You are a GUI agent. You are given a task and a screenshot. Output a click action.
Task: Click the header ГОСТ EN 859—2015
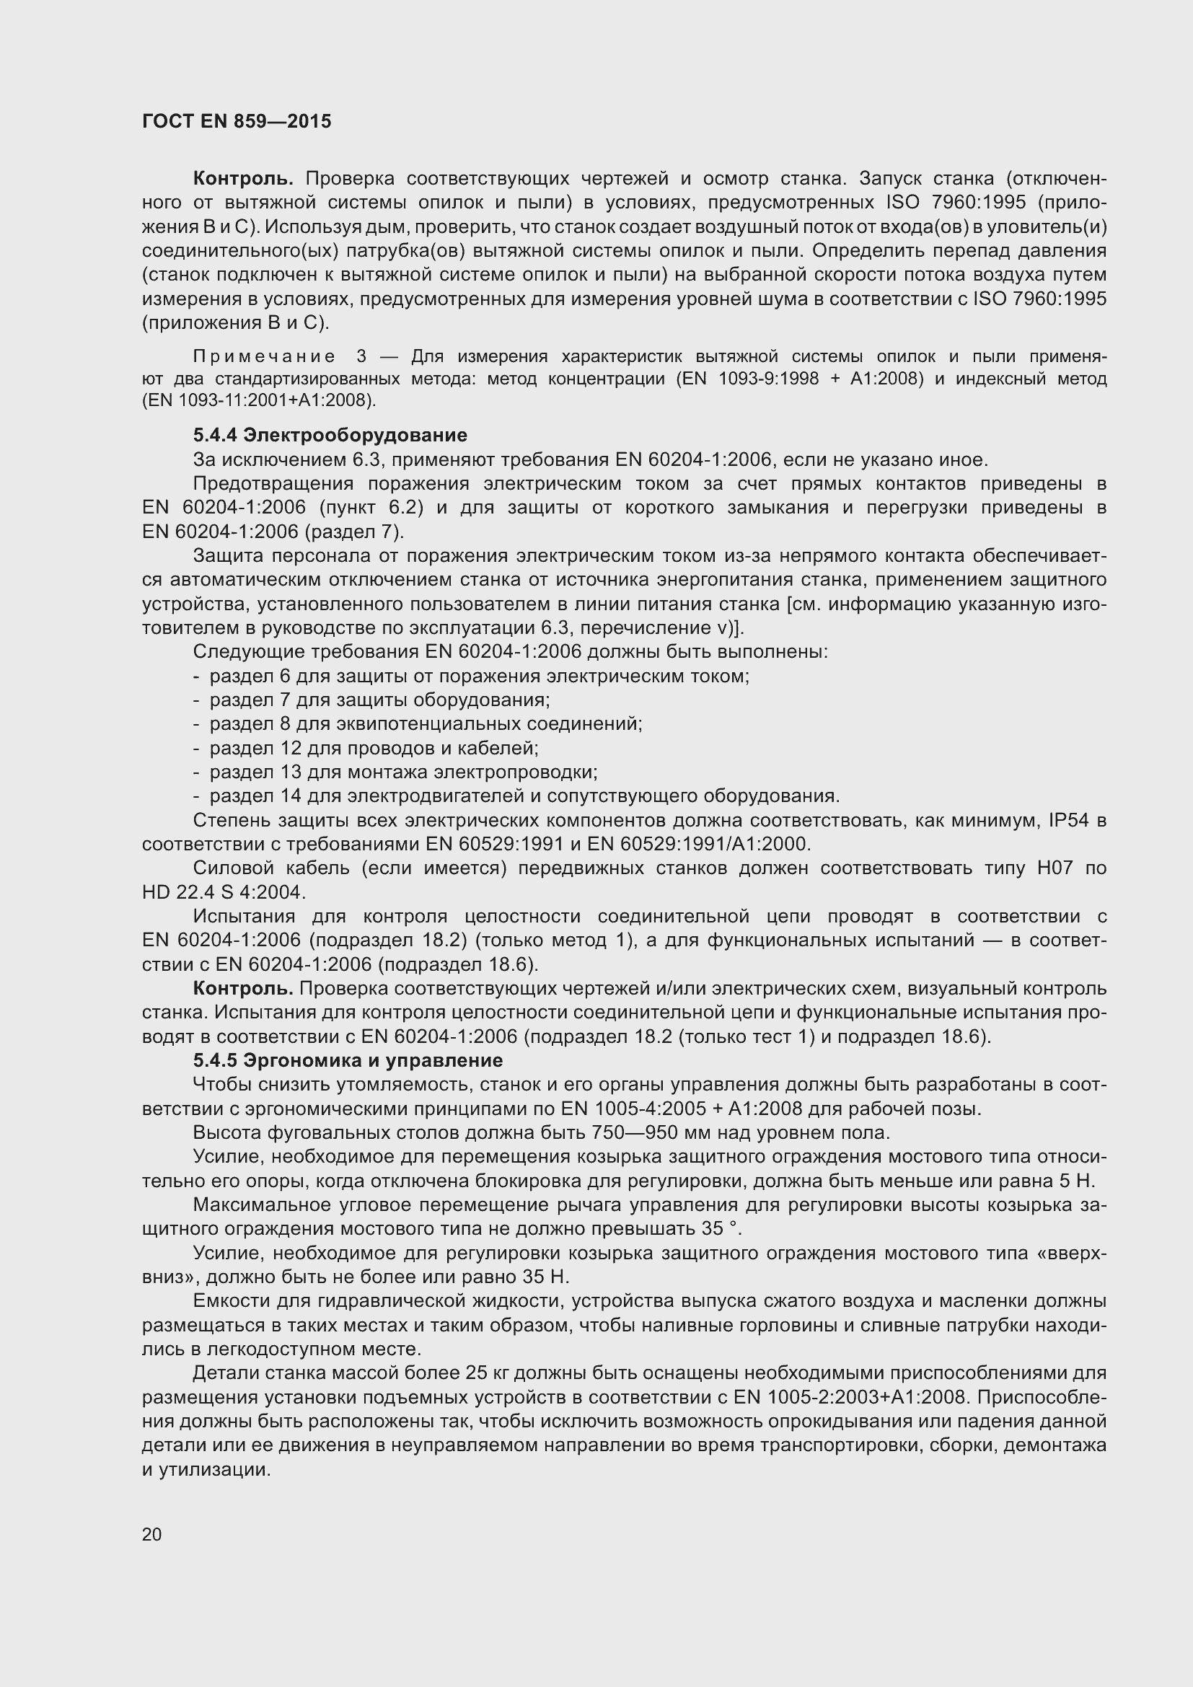(x=237, y=121)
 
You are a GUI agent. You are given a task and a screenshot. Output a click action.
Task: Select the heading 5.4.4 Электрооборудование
(x=330, y=435)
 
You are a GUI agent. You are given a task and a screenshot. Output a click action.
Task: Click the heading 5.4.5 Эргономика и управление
(x=348, y=1060)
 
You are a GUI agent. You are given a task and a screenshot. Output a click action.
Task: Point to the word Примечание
(x=265, y=357)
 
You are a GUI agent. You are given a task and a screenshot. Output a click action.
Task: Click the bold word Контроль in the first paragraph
(x=243, y=179)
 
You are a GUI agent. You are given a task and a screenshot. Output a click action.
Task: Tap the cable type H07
(x=1055, y=868)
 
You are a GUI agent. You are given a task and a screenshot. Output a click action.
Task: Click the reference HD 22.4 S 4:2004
(x=224, y=893)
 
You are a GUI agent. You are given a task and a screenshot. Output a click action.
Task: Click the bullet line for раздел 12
(x=374, y=748)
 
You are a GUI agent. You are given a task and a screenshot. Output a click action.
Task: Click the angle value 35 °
(x=720, y=1228)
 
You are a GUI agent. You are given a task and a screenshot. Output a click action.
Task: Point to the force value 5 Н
(x=1078, y=1181)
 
